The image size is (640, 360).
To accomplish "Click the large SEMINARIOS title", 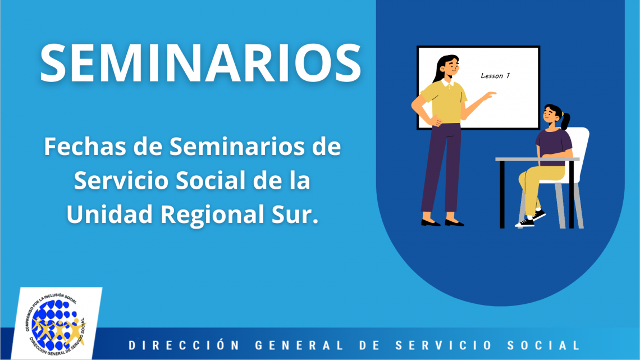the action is (200, 63).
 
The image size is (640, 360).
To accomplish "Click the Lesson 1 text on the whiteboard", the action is (495, 75).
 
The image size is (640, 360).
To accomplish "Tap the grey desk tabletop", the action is (537, 159).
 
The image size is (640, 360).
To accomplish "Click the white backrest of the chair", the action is (579, 154).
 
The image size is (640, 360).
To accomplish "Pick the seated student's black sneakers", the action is (531, 219).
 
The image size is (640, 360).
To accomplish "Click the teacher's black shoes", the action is (442, 223).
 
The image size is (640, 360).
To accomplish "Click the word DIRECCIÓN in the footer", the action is (184, 345).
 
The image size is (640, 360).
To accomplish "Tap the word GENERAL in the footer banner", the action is (299, 345).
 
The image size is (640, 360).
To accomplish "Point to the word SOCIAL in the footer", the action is (543, 345).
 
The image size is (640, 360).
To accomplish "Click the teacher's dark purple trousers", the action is (442, 167).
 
